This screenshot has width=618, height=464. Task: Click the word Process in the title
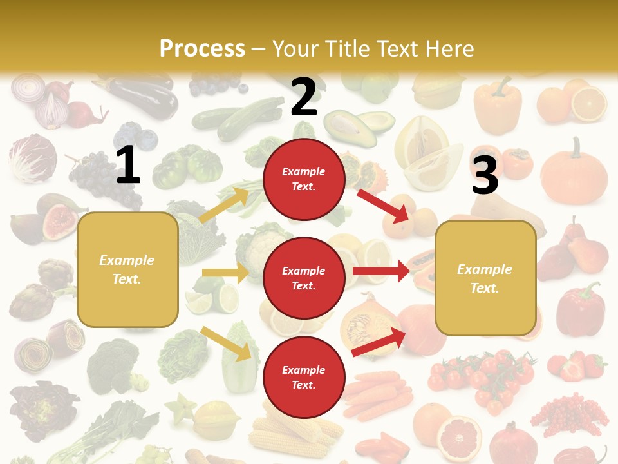click(202, 49)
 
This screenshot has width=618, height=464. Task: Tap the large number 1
click(128, 165)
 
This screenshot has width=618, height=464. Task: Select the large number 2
click(304, 97)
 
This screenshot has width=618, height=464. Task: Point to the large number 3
click(485, 175)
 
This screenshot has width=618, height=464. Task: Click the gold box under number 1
click(127, 269)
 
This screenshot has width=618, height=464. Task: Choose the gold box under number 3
click(485, 278)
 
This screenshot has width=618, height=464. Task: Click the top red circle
click(304, 179)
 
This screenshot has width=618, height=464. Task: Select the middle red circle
click(304, 278)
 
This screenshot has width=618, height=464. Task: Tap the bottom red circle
click(304, 377)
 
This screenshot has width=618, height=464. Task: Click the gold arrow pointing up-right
click(223, 205)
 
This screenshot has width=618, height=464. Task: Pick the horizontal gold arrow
click(225, 273)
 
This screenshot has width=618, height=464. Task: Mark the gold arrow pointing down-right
click(226, 343)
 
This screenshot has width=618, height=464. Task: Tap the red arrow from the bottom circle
click(379, 342)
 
